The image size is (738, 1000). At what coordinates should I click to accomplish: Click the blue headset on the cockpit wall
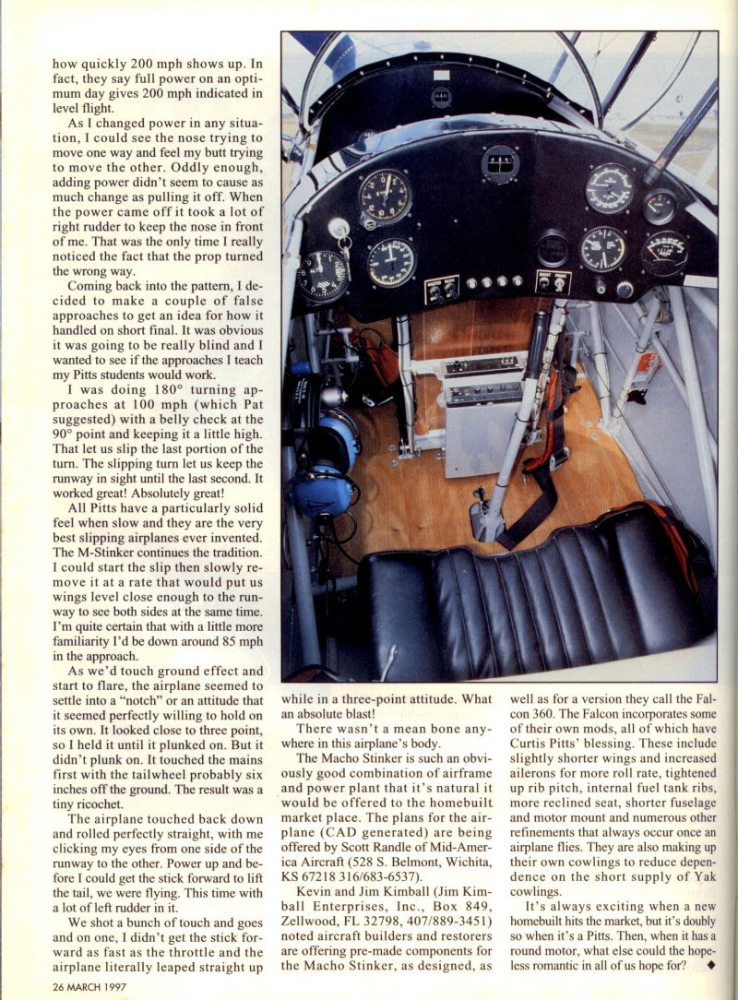[327, 461]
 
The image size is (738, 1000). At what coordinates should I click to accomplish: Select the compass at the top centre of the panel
[499, 163]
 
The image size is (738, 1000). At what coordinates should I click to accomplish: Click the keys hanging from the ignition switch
[343, 254]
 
